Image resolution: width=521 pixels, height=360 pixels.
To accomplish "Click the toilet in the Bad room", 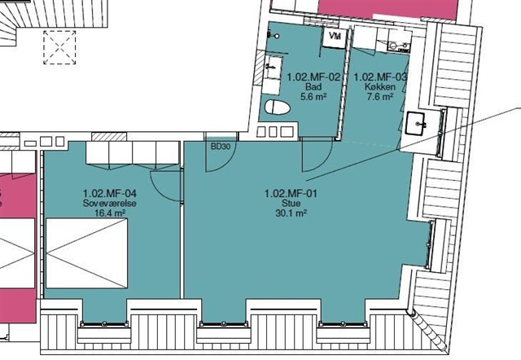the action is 278,108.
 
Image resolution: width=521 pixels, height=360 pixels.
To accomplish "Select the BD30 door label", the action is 221,147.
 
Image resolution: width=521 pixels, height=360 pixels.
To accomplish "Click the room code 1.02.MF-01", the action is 291,193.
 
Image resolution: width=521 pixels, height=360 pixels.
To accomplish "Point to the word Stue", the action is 291,203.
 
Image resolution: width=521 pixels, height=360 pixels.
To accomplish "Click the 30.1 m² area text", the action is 291,213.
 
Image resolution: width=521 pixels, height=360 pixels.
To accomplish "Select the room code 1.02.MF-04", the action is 110,193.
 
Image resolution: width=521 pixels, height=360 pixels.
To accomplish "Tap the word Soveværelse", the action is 110,203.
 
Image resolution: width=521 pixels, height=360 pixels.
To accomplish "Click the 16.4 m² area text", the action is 110,213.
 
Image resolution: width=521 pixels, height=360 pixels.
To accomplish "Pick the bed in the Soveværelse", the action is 87,253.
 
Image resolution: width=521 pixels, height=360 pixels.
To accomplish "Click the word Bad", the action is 313,87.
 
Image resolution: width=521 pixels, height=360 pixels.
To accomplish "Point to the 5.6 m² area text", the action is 313,97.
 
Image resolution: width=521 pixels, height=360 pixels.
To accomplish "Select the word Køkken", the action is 380,87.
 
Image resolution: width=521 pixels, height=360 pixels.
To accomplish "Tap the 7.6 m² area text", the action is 380,97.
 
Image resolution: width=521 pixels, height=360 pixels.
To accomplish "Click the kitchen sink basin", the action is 416,124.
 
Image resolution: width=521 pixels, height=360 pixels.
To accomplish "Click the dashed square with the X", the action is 59,47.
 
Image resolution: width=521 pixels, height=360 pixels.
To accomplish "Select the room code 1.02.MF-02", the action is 313,77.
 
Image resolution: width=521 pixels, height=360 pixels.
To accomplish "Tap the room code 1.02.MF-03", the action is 380,77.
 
